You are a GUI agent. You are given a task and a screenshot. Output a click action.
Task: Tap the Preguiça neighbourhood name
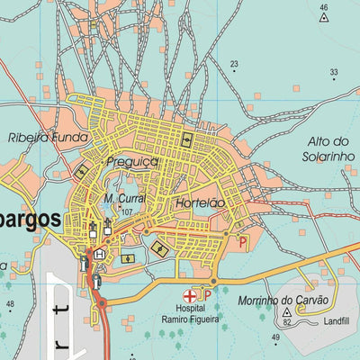point(131,162)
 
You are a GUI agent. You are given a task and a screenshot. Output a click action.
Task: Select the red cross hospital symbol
point(190,295)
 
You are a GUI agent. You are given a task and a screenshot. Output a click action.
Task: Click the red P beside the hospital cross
point(206,294)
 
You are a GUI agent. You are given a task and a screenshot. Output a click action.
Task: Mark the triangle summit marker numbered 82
point(287,310)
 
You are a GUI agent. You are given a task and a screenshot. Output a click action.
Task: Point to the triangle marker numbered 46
point(324,15)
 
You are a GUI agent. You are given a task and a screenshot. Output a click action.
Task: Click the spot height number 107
point(127,212)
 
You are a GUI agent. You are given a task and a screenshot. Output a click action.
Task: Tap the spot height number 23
point(234,64)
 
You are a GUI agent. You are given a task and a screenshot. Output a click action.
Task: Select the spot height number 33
point(333,72)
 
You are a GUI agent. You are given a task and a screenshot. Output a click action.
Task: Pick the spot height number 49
point(276,337)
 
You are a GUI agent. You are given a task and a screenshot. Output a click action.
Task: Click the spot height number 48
point(10,304)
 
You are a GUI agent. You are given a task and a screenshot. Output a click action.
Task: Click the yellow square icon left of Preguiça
point(82,170)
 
